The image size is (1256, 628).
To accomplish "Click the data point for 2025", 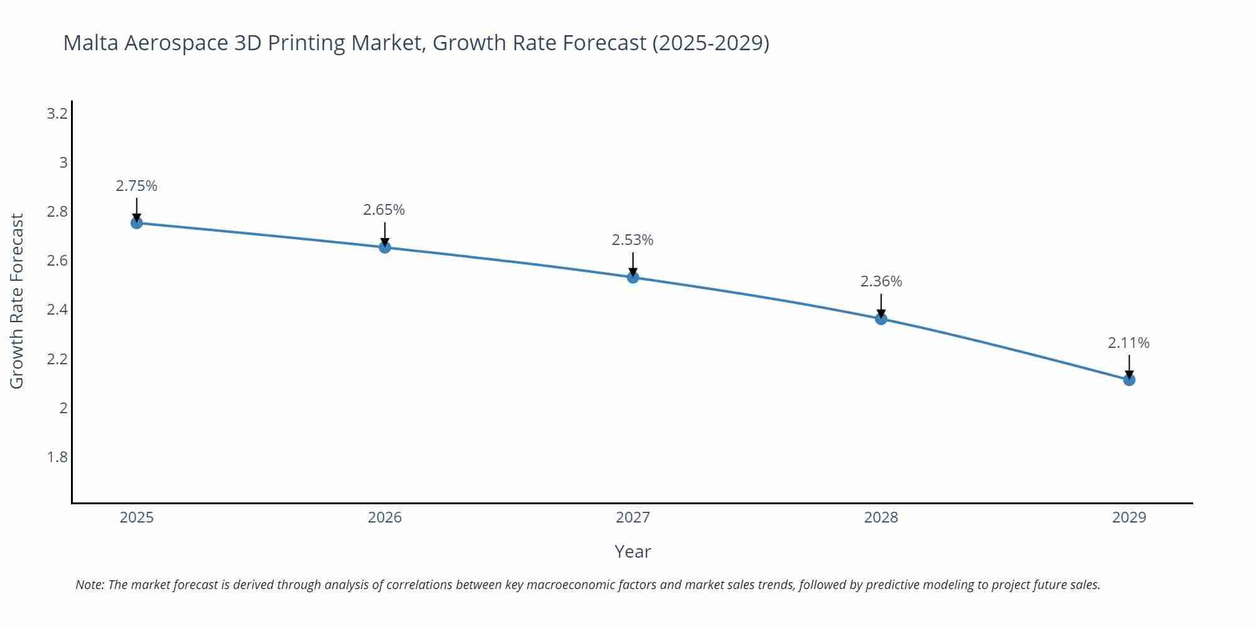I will point(137,223).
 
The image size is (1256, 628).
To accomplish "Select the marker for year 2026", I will point(385,247).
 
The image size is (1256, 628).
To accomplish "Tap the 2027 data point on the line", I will point(633,277).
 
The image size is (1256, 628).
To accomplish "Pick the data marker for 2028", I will point(881,318).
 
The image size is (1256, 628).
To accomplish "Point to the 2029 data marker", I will point(1129,380).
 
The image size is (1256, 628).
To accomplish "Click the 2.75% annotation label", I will point(136,186).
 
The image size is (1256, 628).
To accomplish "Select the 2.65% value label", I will point(384,210).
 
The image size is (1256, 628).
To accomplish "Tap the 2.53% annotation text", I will point(632,240).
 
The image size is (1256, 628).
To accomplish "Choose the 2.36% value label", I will point(881,281).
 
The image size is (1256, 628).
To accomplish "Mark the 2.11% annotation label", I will point(1129,343).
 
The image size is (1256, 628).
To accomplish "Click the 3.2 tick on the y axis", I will point(57,114).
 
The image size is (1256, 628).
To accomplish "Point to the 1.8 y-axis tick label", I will point(57,457).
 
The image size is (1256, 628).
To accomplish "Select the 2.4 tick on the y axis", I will point(57,310).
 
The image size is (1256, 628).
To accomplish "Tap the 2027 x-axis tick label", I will point(633,517).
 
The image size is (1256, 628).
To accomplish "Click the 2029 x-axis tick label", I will point(1129,517).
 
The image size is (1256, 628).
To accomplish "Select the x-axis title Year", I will point(632,551).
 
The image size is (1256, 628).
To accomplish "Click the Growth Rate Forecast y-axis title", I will point(17,301).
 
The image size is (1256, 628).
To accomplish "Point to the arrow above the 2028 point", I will point(881,306).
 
